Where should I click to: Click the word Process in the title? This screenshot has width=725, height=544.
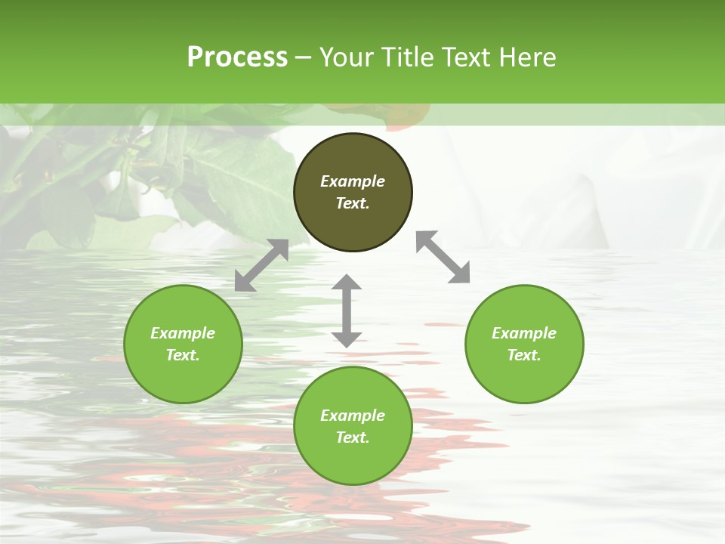pyautogui.click(x=237, y=57)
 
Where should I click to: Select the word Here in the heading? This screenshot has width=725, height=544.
pyautogui.click(x=526, y=57)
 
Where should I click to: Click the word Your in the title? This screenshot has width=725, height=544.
pyautogui.click(x=348, y=57)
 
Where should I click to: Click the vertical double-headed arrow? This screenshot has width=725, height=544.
pyautogui.click(x=347, y=311)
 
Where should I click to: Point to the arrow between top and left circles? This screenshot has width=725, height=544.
pyautogui.click(x=261, y=265)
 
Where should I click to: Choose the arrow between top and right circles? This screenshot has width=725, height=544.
pyautogui.click(x=443, y=257)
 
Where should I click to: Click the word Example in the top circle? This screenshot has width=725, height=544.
pyautogui.click(x=353, y=181)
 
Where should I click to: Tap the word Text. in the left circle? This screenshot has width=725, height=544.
pyautogui.click(x=183, y=355)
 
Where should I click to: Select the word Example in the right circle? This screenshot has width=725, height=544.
pyautogui.click(x=524, y=333)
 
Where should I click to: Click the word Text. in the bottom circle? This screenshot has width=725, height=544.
pyautogui.click(x=353, y=437)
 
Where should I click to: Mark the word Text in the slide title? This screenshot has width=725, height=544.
pyautogui.click(x=467, y=57)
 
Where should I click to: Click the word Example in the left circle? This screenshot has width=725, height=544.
pyautogui.click(x=183, y=333)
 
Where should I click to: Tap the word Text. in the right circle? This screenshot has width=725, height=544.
pyautogui.click(x=524, y=355)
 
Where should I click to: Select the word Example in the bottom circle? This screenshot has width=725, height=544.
pyautogui.click(x=353, y=416)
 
